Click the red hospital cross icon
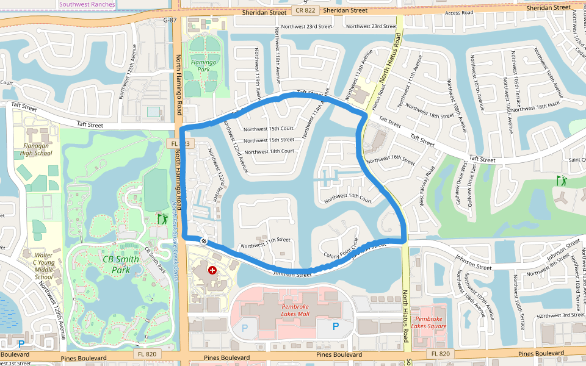[x=212, y=269]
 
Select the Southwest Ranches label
[x=86, y=4]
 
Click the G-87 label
[x=170, y=20]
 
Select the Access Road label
[x=460, y=13]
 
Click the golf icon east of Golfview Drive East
[x=561, y=181]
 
